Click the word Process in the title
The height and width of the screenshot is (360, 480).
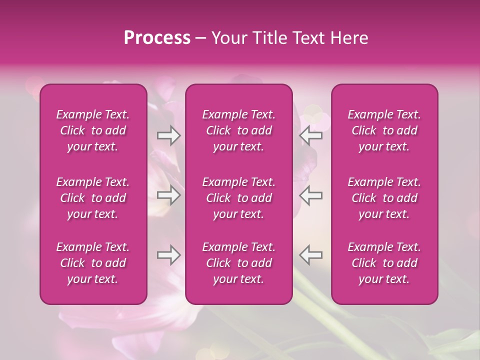click(157, 38)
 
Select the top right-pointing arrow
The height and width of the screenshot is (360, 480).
click(168, 135)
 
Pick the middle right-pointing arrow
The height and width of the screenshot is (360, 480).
click(168, 195)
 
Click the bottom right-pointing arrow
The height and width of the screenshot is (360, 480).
click(168, 255)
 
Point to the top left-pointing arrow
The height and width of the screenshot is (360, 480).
click(311, 135)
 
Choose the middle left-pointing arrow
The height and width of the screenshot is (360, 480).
click(311, 195)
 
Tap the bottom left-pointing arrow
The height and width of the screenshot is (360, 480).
click(311, 255)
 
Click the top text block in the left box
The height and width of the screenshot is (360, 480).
click(93, 130)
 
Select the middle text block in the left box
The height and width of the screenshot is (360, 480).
click(93, 198)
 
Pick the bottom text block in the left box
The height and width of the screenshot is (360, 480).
click(93, 263)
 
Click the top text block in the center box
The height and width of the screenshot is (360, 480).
click(239, 130)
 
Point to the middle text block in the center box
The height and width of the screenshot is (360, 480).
click(239, 198)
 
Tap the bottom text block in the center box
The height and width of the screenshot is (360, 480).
click(239, 263)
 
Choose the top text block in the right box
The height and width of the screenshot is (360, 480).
click(384, 130)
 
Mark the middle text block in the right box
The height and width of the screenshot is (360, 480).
click(384, 198)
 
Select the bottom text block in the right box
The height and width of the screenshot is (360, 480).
click(384, 263)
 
